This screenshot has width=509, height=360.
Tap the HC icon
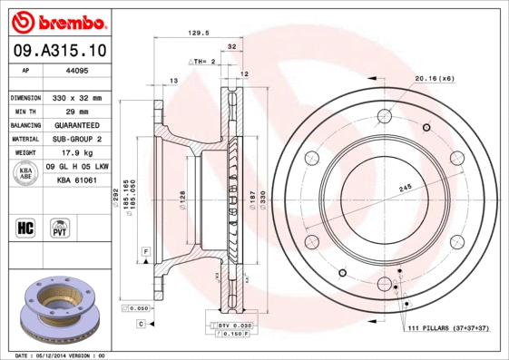tap(24, 227)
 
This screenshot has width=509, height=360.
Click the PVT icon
tap(58, 227)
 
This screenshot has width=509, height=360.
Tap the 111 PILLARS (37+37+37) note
tap(448, 327)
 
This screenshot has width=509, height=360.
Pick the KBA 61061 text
tap(76, 180)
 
